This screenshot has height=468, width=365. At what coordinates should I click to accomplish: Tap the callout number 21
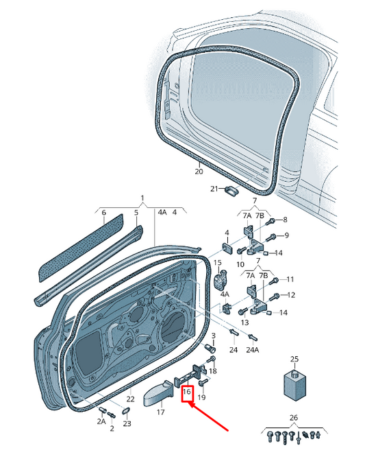pyautogui.click(x=214, y=189)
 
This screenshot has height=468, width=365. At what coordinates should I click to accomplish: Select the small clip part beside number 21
pyautogui.click(x=229, y=190)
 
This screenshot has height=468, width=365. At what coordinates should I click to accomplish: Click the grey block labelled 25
pyautogui.click(x=294, y=384)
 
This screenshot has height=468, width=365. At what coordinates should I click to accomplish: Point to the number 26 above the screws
pyautogui.click(x=294, y=417)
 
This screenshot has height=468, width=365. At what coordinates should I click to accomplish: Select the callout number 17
pyautogui.click(x=161, y=412)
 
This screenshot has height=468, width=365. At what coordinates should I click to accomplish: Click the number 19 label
pyautogui.click(x=201, y=397)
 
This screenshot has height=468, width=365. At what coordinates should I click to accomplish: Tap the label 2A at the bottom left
pyautogui.click(x=101, y=421)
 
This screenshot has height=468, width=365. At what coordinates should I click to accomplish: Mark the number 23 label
pyautogui.click(x=127, y=423)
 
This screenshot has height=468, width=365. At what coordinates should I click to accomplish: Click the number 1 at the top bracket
pyautogui.click(x=142, y=198)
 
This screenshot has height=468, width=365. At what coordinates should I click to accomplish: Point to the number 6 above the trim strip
pyautogui.click(x=104, y=213)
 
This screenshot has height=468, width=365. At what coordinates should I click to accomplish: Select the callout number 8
pyautogui.click(x=286, y=220)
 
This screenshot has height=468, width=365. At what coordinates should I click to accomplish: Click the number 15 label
pyautogui.click(x=217, y=263)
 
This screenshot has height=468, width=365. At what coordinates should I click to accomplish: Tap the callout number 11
pyautogui.click(x=290, y=279)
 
